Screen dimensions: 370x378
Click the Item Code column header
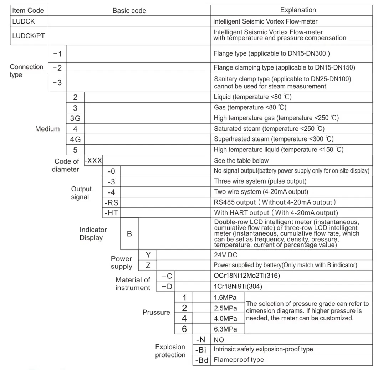coord(28,10)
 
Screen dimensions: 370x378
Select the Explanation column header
coord(298,10)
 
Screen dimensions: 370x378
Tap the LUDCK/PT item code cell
coord(28,36)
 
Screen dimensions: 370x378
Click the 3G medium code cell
coord(75,118)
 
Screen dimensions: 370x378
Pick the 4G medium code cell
coord(75,139)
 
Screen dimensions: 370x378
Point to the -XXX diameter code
coord(93,161)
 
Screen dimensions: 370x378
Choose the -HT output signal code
coord(111,213)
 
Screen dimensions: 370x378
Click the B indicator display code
coord(129,234)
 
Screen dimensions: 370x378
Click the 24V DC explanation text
coord(225,255)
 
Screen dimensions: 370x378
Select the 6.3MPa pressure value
coord(225,329)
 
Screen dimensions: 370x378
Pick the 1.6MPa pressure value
coord(225,297)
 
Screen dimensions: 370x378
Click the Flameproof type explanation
coord(239,360)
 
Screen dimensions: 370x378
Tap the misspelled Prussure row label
coord(156,313)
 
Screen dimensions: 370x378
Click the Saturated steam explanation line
coord(269,129)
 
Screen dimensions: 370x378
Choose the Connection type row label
coord(26,71)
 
